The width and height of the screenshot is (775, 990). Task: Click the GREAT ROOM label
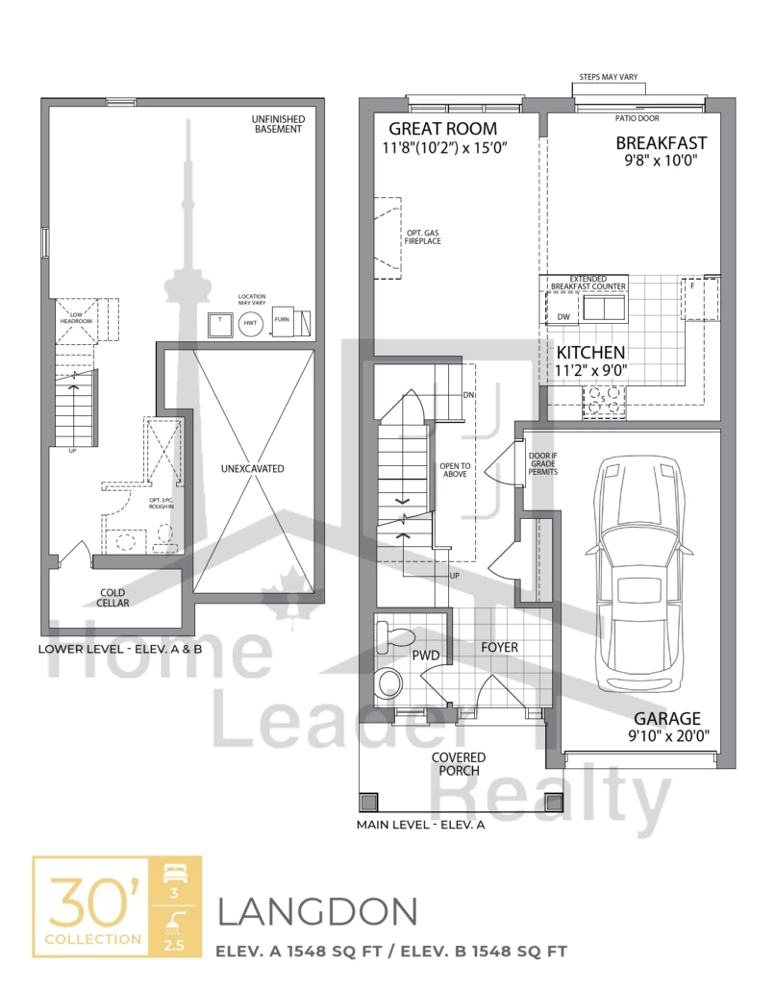tap(442, 129)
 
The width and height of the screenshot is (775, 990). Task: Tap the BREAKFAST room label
tap(661, 143)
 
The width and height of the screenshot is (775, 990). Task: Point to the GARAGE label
tap(666, 718)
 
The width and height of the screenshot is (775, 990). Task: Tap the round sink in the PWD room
tap(390, 683)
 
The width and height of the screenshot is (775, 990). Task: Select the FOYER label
tap(499, 647)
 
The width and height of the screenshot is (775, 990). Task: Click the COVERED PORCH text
tap(458, 764)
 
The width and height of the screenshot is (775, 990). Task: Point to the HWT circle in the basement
tap(250, 325)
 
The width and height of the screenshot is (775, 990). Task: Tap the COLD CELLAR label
tap(112, 597)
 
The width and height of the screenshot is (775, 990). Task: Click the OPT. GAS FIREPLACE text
tap(422, 235)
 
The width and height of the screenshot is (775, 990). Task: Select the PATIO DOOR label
tap(636, 120)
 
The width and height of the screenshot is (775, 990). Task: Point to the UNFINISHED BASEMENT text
tap(278, 124)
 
